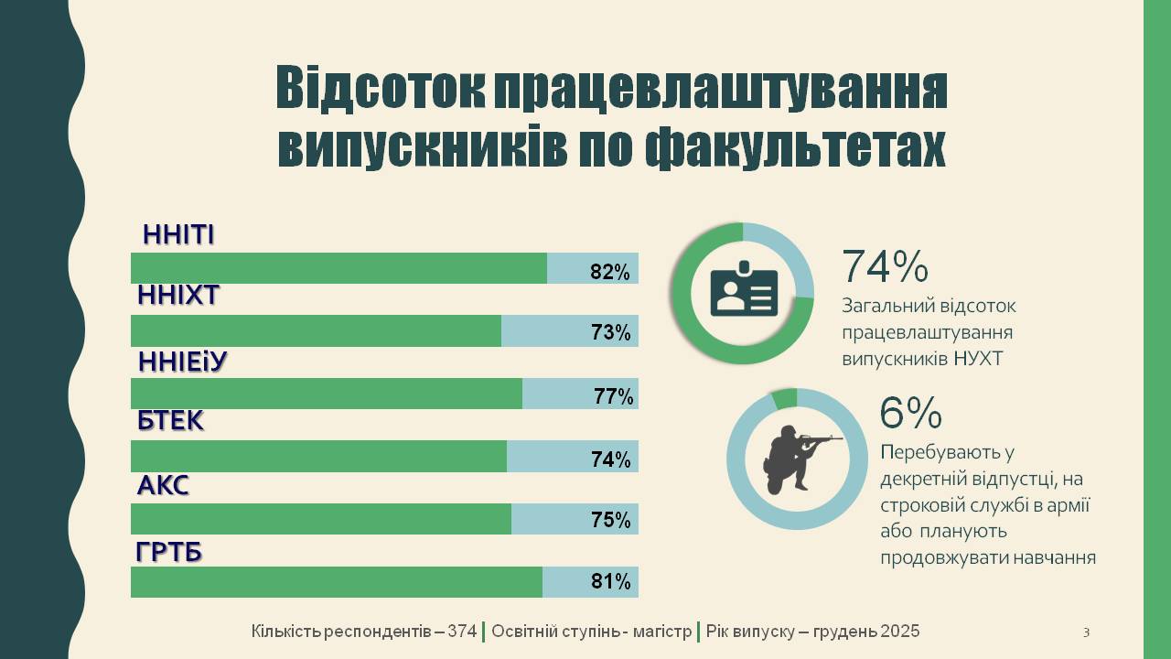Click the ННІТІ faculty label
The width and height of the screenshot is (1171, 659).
pos(178,235)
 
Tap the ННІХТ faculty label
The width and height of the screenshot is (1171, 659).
pos(178,296)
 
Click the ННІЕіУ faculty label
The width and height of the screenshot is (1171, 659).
pos(182,362)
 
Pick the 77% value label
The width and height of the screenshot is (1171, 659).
pos(613,396)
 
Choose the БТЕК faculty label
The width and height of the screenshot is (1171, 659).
pos(170,421)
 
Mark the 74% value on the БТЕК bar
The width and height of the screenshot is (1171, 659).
pos(611,459)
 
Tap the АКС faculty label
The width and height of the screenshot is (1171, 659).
pos(163,485)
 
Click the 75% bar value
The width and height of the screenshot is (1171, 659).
pos(611,520)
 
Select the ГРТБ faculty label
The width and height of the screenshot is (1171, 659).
pos(169,553)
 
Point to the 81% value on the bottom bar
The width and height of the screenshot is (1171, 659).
pos(610,581)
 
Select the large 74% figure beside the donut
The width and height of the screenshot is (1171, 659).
pos(885,266)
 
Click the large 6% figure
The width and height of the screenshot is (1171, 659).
pos(910,414)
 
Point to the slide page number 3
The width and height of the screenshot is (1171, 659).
pos(1086,632)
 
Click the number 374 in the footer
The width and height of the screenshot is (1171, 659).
pos(462,632)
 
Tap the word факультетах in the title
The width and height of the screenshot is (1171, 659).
pos(795,146)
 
